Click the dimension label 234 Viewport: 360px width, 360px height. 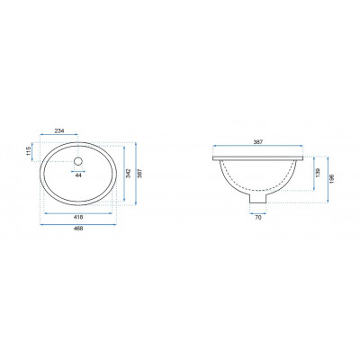pos(59,130)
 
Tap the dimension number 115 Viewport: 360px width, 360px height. pos(29,151)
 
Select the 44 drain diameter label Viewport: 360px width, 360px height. pos(78,175)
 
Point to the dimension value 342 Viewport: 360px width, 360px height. pos(128,174)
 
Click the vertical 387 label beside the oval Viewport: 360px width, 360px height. pos(139,174)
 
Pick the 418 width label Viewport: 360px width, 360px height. pos(78,217)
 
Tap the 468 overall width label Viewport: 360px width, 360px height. pos(78,229)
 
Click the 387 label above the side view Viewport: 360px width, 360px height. pos(258,142)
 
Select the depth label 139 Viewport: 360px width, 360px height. pos(318,172)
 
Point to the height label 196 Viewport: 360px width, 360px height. pos(331,178)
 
